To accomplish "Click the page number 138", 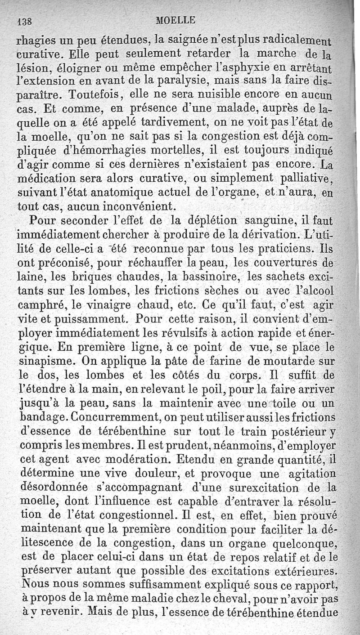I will point(22,20).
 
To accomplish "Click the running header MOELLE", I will point(175,20).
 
